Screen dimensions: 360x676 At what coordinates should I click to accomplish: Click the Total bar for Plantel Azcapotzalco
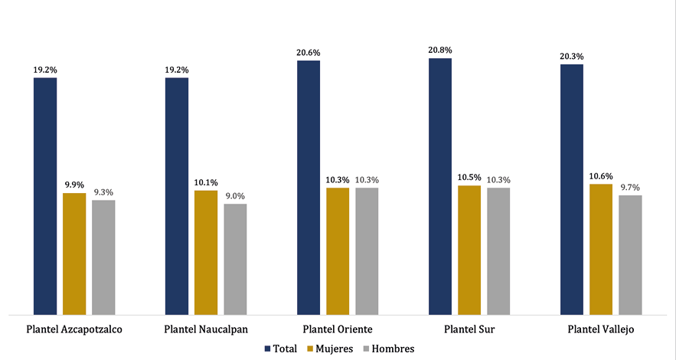(x=44, y=195)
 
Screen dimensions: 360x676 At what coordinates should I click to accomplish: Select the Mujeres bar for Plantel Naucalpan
(x=206, y=252)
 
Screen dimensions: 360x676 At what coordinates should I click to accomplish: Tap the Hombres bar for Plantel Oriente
(x=367, y=250)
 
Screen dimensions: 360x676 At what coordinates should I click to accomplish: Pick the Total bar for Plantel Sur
(x=440, y=186)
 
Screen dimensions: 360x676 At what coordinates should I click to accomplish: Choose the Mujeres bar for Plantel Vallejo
(x=601, y=249)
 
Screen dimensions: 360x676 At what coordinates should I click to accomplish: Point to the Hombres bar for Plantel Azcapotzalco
(x=103, y=257)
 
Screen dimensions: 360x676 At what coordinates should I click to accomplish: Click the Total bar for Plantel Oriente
(x=309, y=187)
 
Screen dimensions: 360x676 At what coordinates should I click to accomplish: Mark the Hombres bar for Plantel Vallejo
(x=630, y=254)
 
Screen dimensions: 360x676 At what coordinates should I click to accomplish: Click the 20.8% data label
(x=440, y=51)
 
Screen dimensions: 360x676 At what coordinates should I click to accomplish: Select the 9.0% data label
(x=235, y=196)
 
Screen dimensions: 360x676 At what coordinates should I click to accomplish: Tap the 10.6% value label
(x=601, y=176)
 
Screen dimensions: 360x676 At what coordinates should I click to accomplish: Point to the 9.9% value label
(x=74, y=185)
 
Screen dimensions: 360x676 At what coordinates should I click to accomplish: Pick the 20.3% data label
(x=572, y=56)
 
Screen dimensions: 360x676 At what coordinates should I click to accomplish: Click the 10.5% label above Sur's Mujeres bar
(x=469, y=178)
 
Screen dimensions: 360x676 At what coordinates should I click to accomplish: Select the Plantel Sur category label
(x=468, y=329)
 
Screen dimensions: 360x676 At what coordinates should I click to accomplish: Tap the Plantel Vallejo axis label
(x=601, y=329)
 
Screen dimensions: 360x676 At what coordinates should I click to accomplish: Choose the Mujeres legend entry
(x=329, y=349)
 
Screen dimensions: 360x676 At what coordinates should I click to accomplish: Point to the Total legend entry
(x=281, y=349)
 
